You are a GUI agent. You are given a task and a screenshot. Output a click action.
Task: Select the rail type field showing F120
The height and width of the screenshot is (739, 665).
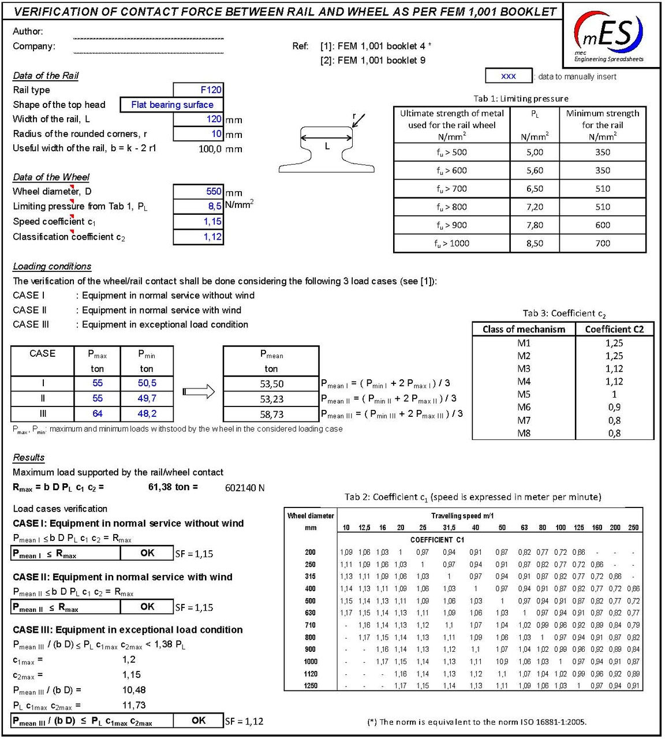[198, 89]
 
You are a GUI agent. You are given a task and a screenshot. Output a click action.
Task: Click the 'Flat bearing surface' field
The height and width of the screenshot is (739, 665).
[171, 104]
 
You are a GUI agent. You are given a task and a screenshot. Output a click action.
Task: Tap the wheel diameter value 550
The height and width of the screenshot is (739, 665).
[198, 191]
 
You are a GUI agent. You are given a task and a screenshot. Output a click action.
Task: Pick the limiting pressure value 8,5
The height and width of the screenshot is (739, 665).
[198, 206]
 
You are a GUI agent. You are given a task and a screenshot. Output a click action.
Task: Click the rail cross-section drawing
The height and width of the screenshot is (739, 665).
[327, 148]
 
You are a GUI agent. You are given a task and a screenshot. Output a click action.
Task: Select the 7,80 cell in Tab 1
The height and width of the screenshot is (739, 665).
[535, 225]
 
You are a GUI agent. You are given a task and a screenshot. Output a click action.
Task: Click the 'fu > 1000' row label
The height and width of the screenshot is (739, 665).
[451, 243]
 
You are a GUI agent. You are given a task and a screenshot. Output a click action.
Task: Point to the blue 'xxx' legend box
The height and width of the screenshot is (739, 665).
[509, 76]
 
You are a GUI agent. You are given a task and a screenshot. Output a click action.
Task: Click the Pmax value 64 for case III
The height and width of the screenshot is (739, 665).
[97, 413]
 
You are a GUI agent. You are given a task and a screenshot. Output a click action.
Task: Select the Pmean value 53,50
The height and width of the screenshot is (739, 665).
[271, 384]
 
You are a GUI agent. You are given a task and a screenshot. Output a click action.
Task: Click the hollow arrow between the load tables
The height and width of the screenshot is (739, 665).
[199, 392]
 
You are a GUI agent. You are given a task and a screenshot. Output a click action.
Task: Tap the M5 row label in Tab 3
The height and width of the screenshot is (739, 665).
[524, 394]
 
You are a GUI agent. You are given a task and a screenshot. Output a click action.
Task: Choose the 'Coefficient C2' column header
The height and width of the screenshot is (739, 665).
[614, 329]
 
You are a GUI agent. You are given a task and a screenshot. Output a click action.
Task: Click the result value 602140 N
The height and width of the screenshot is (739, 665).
[245, 488]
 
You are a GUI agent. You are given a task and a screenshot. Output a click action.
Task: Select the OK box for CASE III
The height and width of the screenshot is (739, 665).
[199, 720]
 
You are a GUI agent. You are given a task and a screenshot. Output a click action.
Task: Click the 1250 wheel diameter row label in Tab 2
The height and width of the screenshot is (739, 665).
[311, 686]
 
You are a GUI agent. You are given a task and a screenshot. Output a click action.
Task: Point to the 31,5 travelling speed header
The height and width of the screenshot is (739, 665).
[449, 528]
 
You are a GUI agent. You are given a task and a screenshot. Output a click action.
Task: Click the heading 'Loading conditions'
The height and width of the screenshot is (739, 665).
[52, 266]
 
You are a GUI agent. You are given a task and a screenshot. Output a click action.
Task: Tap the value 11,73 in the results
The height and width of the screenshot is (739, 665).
[134, 705]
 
